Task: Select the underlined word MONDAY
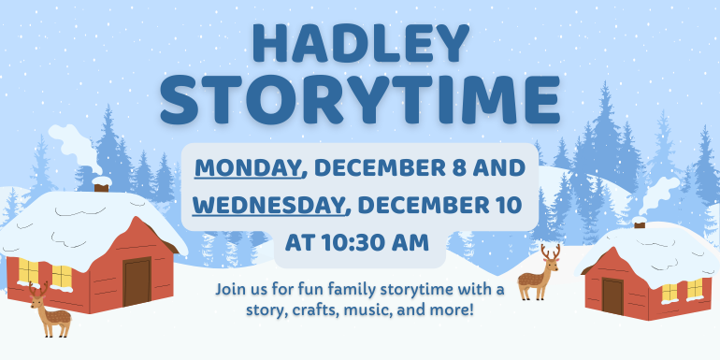tap(249, 169)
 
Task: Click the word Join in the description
tap(232, 288)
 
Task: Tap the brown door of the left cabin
tap(137, 281)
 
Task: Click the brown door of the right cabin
tap(613, 295)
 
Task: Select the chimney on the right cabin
tap(641, 223)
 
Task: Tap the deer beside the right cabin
tap(540, 272)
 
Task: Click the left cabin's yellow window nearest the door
tap(61, 276)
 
